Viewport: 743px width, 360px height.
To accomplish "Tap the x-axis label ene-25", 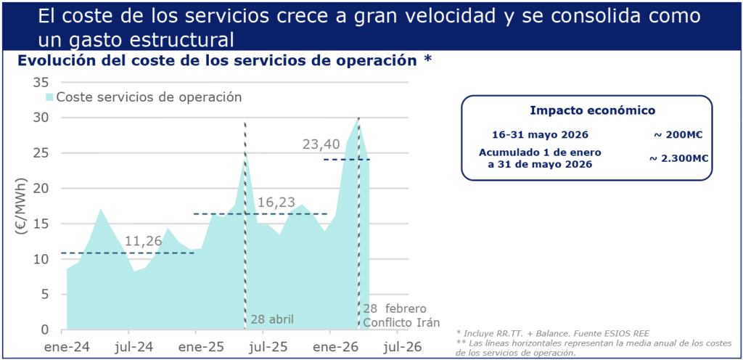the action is pos(196,346).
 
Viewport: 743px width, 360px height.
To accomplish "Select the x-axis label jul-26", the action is pos(402,346).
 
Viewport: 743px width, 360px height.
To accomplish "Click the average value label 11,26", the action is pos(144,241).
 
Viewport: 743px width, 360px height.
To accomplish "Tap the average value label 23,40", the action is pos(321,144).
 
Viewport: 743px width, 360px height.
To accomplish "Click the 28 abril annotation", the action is pos(272,319).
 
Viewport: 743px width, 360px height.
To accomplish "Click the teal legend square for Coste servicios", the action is pos(49,97).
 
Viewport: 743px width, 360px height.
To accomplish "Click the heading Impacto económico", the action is pos(592,110).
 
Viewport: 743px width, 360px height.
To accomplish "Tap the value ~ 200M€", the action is pos(678,134).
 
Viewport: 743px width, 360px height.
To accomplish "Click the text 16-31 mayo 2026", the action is pos(539,134).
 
